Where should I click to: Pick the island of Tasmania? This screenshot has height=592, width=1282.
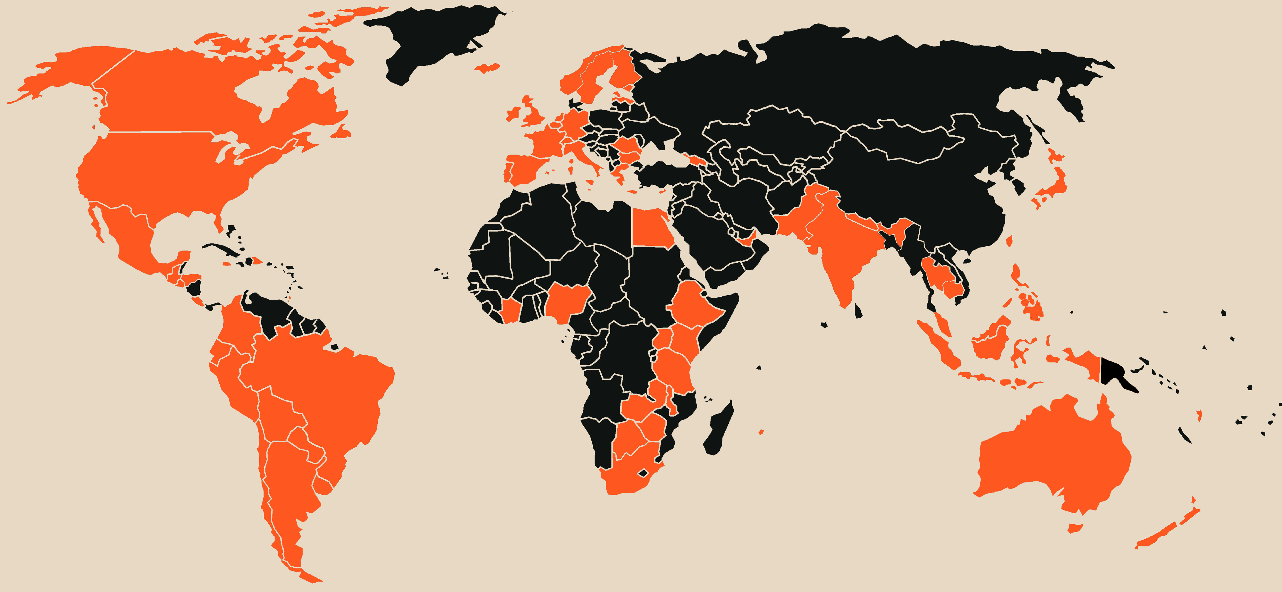point(1075,528)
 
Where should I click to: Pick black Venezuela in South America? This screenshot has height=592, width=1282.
point(271,311)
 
